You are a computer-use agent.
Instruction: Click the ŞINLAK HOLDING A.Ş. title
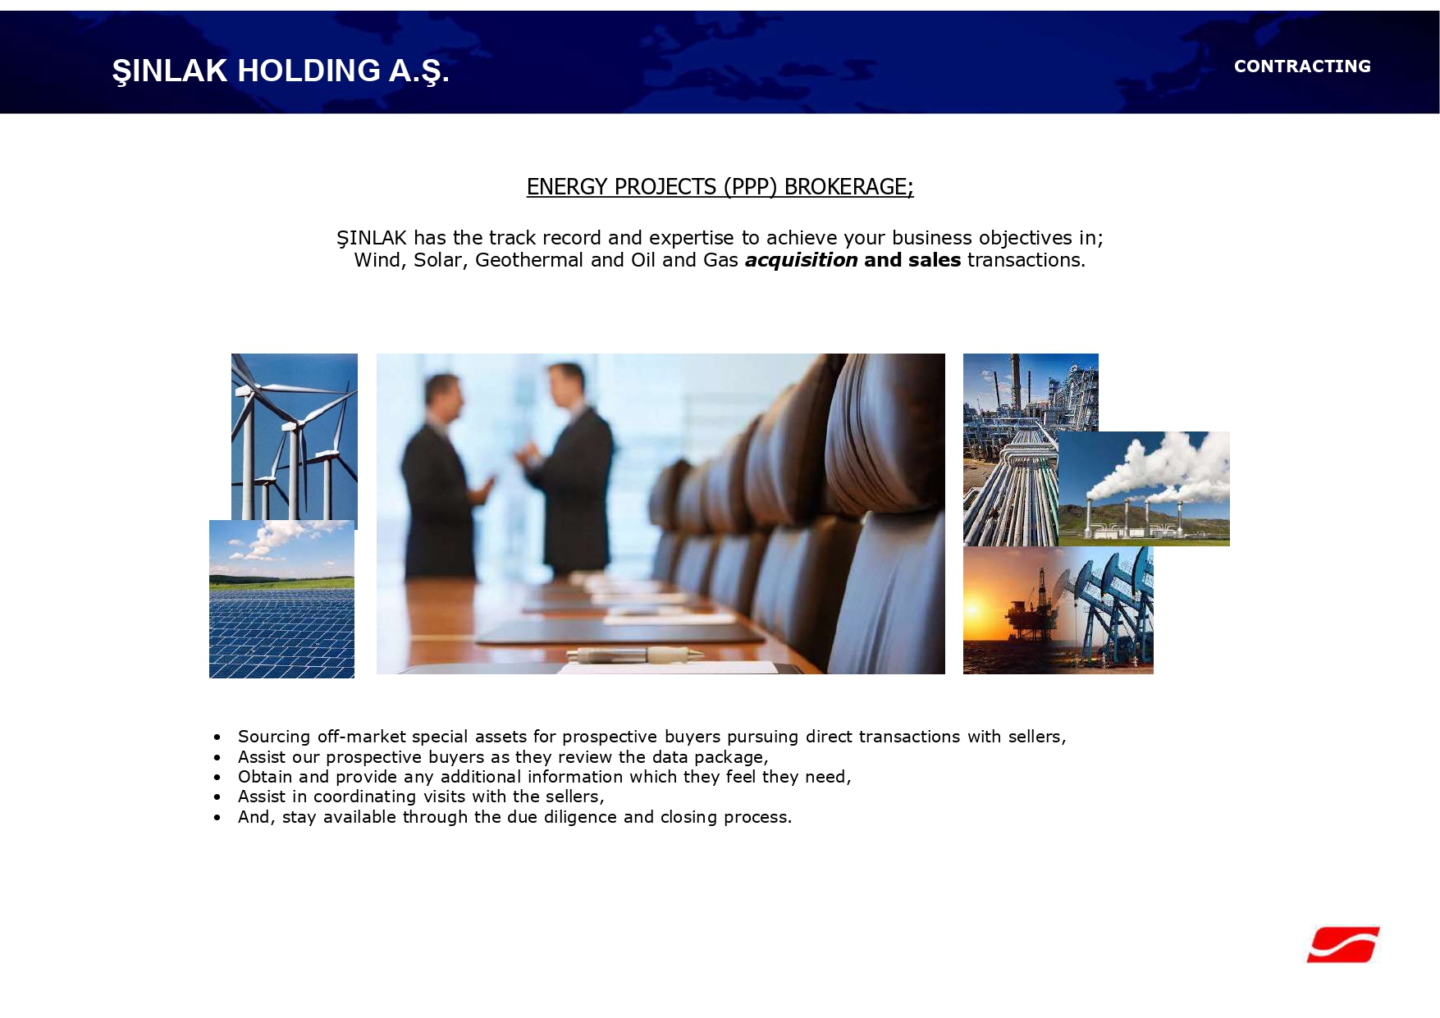point(281,71)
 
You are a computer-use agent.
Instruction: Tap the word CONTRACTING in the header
point(1302,66)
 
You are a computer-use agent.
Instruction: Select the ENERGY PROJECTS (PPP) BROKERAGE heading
point(720,187)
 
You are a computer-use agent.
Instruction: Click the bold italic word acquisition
point(801,260)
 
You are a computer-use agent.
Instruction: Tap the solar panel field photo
point(281,599)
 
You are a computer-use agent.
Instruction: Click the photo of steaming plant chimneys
point(1144,489)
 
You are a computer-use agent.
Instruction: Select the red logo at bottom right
point(1343,944)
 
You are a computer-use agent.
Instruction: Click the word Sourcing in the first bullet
point(274,737)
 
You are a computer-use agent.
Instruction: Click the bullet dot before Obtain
point(217,777)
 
